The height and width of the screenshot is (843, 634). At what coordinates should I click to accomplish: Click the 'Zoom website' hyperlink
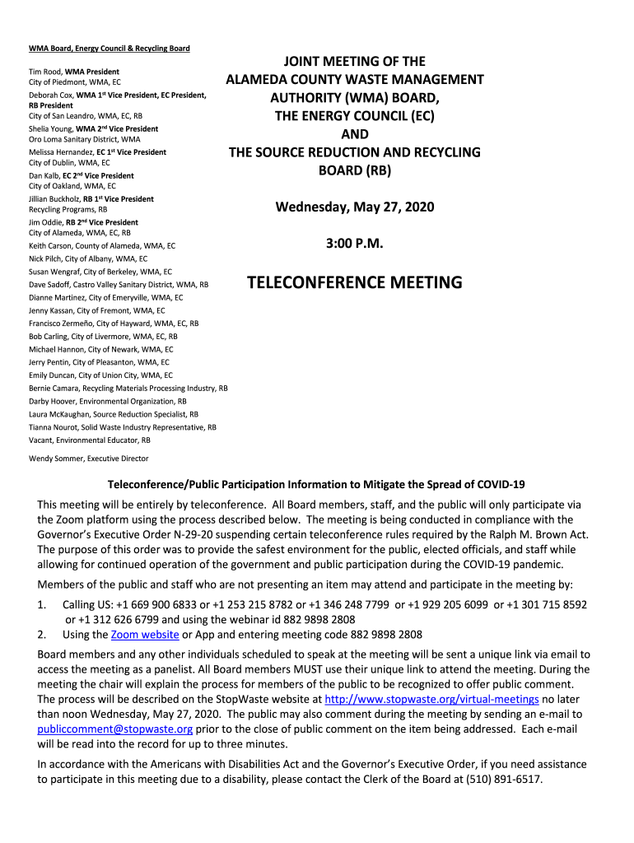tap(145, 635)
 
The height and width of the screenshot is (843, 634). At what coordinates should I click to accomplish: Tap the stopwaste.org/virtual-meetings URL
tap(432, 699)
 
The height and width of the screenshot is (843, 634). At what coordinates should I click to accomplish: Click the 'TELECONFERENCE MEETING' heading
tap(355, 283)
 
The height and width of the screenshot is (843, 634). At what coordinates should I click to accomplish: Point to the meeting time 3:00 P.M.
tap(354, 245)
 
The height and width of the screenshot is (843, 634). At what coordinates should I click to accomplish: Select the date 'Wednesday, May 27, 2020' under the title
tap(355, 207)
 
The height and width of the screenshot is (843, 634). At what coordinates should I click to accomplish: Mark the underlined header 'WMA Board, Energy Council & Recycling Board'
tap(110, 49)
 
